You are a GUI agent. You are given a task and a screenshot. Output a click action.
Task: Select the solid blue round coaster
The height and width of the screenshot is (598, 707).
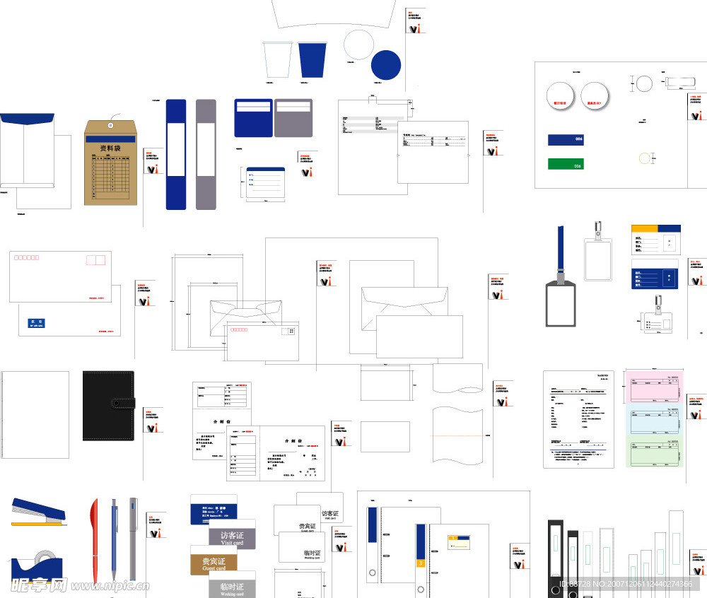(x=386, y=65)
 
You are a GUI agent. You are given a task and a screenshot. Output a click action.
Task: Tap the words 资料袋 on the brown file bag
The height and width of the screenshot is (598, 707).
(x=110, y=148)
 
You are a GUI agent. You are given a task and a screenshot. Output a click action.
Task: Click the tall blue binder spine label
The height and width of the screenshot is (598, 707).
(x=176, y=154)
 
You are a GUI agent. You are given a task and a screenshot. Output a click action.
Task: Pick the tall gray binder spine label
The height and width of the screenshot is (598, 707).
(x=206, y=154)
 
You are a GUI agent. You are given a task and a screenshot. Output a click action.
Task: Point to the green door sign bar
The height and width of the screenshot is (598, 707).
(x=566, y=164)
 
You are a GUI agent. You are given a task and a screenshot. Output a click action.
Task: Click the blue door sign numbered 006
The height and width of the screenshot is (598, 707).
(x=566, y=139)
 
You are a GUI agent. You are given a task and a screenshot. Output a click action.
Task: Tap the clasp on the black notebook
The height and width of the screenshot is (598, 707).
(x=121, y=404)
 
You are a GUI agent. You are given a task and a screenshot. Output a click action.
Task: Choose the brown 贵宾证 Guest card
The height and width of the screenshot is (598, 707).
(x=214, y=561)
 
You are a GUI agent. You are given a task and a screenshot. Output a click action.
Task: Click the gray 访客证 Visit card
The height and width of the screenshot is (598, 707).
(x=232, y=539)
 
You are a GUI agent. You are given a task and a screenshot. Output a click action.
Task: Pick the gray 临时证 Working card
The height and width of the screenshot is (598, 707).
(x=232, y=589)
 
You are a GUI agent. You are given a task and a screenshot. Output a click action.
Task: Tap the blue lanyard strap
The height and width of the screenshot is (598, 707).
(x=561, y=252)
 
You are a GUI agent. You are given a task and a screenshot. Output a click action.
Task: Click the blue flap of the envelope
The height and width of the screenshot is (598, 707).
(x=27, y=118)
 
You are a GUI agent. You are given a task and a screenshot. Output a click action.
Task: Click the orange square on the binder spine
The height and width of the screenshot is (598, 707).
(x=421, y=563)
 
